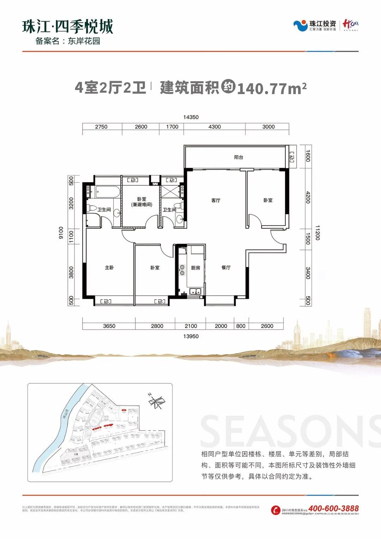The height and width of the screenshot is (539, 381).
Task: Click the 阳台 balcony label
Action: [238, 157]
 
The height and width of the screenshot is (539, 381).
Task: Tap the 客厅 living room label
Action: [216, 200]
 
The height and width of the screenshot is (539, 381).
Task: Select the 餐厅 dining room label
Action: [226, 268]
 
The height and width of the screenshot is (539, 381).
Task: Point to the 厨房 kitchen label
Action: [195, 268]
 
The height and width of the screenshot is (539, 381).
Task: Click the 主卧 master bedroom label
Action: [109, 268]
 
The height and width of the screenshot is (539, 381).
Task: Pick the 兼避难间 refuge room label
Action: [142, 205]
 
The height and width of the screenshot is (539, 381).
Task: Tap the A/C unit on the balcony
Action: [291, 157]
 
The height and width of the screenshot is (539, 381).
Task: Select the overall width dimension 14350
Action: [191, 117]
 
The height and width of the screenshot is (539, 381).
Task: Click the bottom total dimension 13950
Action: [191, 336]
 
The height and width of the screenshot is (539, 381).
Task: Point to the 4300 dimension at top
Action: [214, 127]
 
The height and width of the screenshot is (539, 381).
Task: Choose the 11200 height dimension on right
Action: [317, 233]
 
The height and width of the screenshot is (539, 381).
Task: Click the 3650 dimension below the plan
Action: [109, 326]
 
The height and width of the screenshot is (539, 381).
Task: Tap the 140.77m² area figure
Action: [272, 88]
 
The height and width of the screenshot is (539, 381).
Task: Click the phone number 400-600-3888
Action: [333, 508]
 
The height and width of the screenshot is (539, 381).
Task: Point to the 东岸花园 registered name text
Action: [84, 41]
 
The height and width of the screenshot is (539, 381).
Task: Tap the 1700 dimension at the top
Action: [172, 127]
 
